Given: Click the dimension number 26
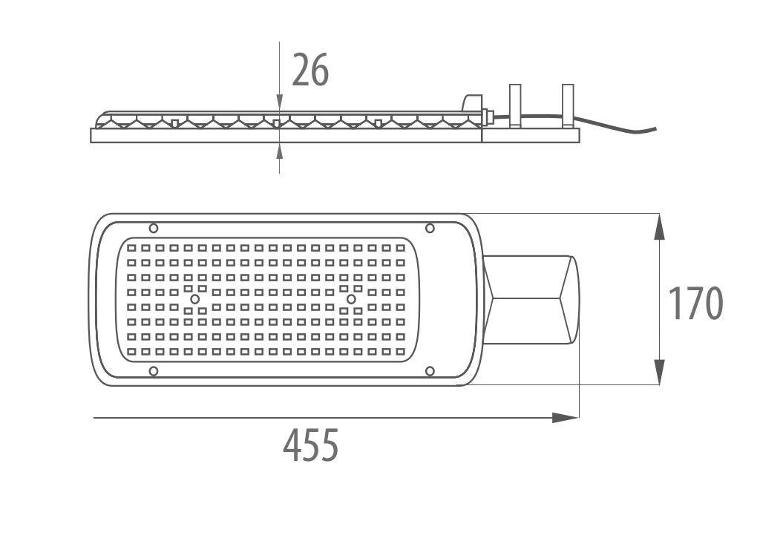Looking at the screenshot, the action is (310, 71).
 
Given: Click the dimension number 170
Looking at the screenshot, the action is (695, 304).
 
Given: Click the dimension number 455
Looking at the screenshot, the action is (311, 445).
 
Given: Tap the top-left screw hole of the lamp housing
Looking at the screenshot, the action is (153, 228).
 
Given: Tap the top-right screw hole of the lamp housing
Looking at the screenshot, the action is (430, 228).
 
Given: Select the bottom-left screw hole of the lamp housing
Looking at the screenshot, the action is (153, 371).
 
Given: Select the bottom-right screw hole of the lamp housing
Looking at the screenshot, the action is (430, 371).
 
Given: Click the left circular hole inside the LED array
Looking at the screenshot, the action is (195, 299).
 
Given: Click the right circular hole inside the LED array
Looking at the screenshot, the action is (351, 299).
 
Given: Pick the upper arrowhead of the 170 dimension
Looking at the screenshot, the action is (659, 227).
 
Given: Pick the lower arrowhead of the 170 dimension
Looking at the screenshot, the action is (659, 372).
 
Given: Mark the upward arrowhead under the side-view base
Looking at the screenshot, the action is (279, 151).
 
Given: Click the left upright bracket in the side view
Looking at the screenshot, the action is (515, 105).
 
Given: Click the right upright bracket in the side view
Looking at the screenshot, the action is (568, 105).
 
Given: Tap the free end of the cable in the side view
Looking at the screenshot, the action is (655, 129).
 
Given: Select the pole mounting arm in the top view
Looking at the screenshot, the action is (531, 299).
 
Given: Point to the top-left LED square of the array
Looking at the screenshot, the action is (131, 248).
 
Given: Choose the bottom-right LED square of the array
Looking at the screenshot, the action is (400, 352).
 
